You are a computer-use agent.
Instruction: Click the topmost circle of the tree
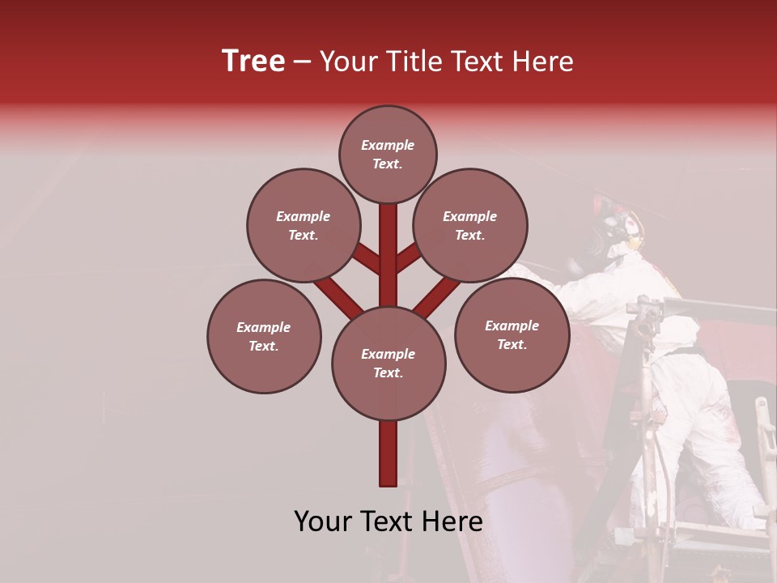[388, 154]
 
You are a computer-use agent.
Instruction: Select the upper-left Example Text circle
[304, 225]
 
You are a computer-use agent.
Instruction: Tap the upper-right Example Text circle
[470, 225]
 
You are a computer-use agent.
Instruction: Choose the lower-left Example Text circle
[264, 336]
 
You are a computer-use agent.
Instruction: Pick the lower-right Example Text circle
[512, 334]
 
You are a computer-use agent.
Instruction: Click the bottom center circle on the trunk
[388, 363]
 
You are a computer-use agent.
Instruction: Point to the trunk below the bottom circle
[388, 453]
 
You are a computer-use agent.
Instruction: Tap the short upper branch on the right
[409, 259]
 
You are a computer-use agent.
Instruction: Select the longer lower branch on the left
[338, 296]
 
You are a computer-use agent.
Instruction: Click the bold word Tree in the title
[253, 61]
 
